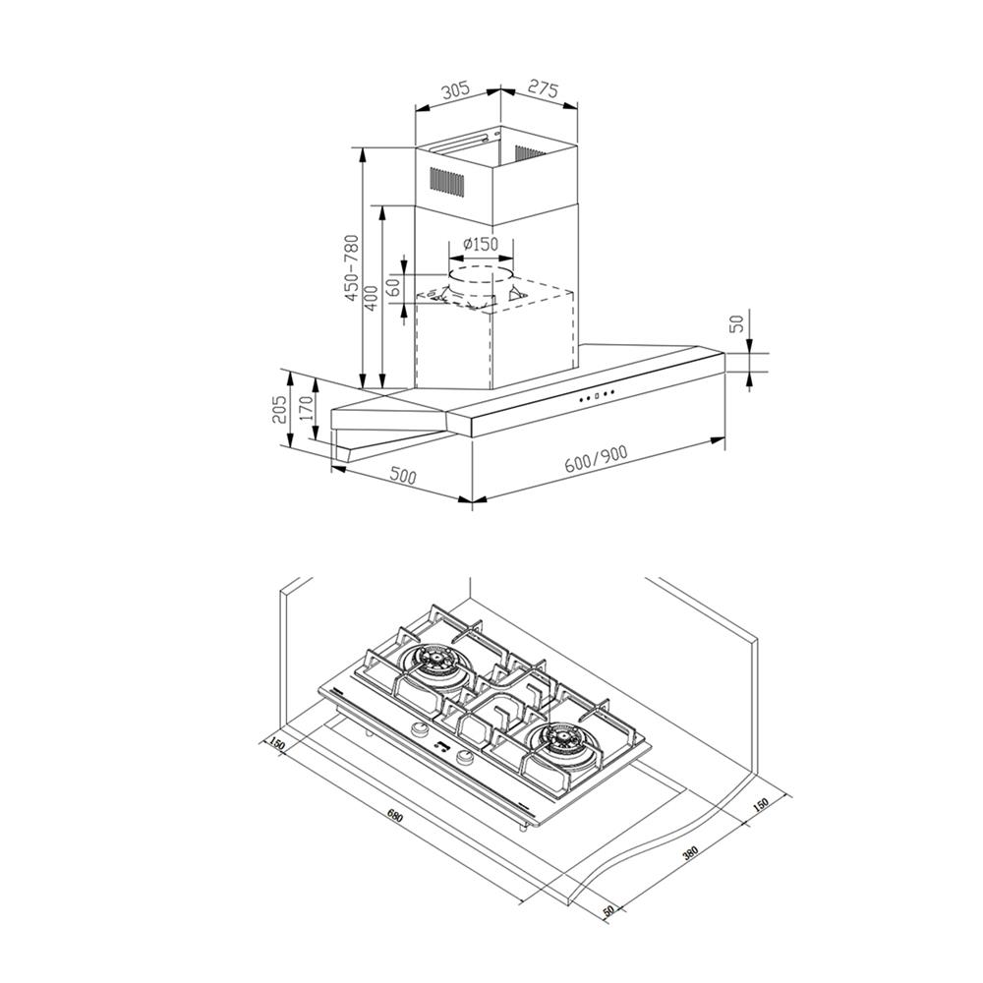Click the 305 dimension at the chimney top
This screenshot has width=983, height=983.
pos(456,89)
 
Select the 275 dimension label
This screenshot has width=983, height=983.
pos(543,88)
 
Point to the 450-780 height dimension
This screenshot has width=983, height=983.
pos(351,267)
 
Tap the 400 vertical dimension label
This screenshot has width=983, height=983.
pos(372,298)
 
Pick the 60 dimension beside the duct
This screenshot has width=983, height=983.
pos(393,287)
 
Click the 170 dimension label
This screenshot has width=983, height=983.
pos(306,408)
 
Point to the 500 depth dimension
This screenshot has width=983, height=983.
pos(402,476)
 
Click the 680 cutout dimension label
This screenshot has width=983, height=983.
pos(394,816)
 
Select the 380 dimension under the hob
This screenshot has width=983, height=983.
pos(690,854)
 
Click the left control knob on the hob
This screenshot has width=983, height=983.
pos(419,729)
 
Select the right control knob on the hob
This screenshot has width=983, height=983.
pos(465,757)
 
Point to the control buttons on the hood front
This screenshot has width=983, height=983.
pos(597,395)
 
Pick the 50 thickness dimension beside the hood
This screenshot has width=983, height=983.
pos(738,322)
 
